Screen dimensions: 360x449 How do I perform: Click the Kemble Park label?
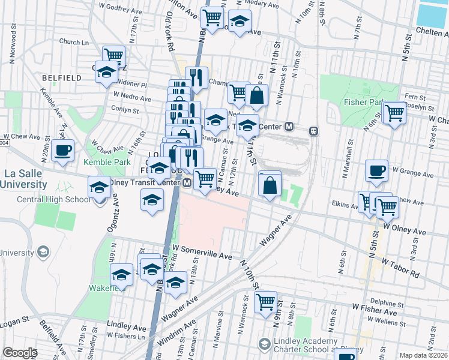coord(107,162)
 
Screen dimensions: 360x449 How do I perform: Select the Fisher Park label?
coord(363,102)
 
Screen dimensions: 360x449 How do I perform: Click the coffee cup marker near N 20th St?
coord(62,150)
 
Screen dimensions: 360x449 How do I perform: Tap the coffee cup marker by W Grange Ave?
coord(376,170)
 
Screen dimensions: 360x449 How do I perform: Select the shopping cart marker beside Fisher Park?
coord(394,112)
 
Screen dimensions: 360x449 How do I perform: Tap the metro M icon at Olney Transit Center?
coord(187,182)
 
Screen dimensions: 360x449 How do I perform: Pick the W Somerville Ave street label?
coord(202,252)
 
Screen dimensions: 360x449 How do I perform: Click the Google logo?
coord(20,353)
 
